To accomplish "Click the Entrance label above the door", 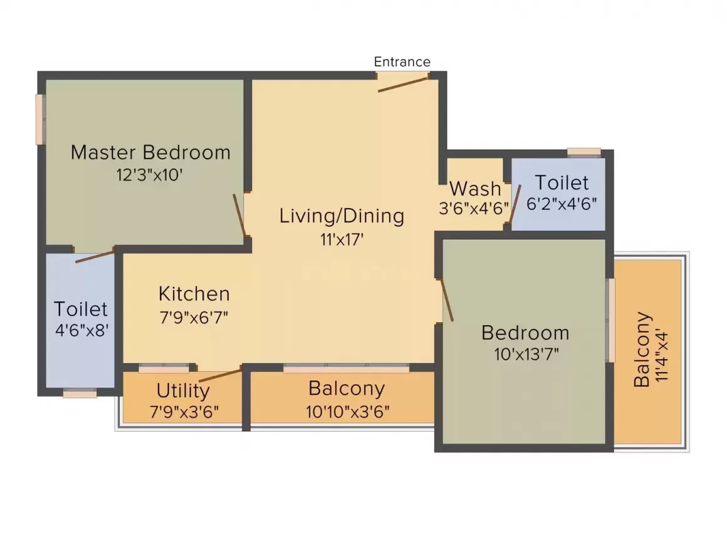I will click(402, 62).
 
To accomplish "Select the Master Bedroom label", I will click(150, 152).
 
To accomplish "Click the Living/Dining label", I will click(342, 216).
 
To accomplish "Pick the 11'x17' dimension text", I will click(342, 239).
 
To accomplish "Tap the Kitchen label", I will click(194, 294).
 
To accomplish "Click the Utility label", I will click(183, 391).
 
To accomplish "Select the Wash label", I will click(475, 189).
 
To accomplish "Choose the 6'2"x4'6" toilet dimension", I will click(561, 204).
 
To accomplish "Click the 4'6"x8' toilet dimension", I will click(82, 330).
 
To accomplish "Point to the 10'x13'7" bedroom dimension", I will click(526, 354).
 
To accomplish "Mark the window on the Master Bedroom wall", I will click(40, 120).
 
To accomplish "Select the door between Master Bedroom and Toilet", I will click(95, 255).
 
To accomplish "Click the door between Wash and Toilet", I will click(515, 204).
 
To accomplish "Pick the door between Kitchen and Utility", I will click(220, 375).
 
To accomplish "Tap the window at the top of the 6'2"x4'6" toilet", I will click(584, 152).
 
